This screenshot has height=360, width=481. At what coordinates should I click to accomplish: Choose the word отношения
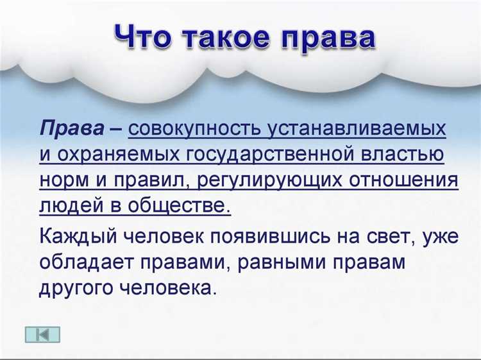coord(403,180)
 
